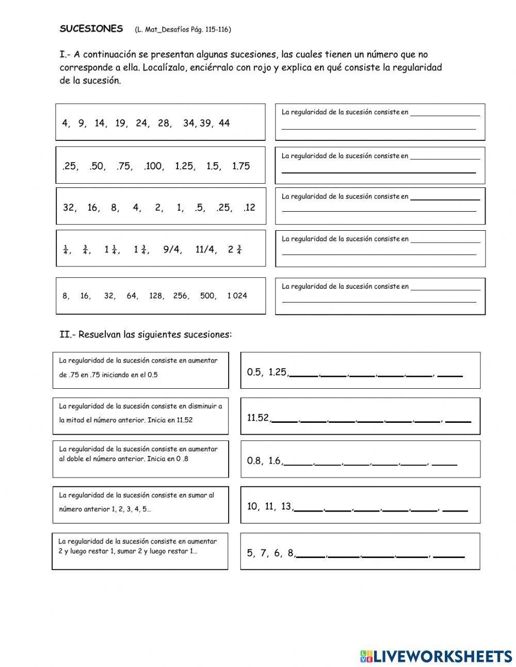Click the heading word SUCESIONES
(x=91, y=29)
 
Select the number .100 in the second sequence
(x=153, y=166)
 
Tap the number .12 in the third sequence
(x=249, y=208)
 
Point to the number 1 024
(x=237, y=296)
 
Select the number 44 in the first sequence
(x=224, y=123)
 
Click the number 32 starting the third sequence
(x=69, y=208)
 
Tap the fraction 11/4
(x=205, y=250)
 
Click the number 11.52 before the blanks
(x=258, y=418)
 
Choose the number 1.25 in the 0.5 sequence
(x=278, y=372)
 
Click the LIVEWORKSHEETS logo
(x=436, y=656)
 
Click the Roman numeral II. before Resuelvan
(x=67, y=335)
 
